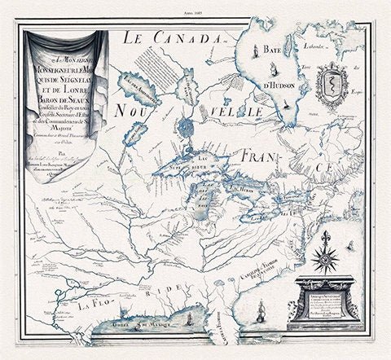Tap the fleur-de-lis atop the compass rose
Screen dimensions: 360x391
coord(327,235)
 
